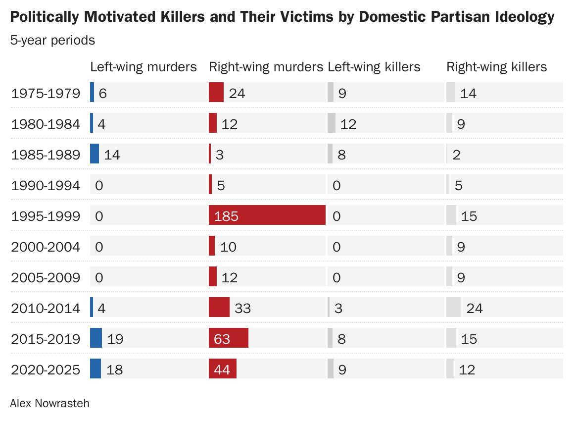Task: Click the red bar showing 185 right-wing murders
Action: pos(267,215)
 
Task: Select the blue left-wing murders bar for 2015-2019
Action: pos(96,338)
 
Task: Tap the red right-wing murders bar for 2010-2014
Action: pos(219,307)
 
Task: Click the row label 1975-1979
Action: pos(46,94)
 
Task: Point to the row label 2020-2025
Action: pos(46,369)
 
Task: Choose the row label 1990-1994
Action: pos(46,185)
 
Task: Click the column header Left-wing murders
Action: pos(143,67)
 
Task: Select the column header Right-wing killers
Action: pos(497,67)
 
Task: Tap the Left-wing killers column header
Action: pos(374,67)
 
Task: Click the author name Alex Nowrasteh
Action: pos(50,403)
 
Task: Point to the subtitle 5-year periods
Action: pos(53,40)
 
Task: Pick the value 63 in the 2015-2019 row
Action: pos(222,339)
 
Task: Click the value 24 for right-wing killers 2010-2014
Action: pos(475,308)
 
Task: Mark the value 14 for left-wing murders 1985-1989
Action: pos(112,155)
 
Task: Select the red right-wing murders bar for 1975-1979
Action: pos(216,92)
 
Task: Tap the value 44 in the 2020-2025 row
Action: pos(222,369)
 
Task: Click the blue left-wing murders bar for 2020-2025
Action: pos(96,369)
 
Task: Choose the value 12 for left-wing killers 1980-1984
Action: pos(348,124)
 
